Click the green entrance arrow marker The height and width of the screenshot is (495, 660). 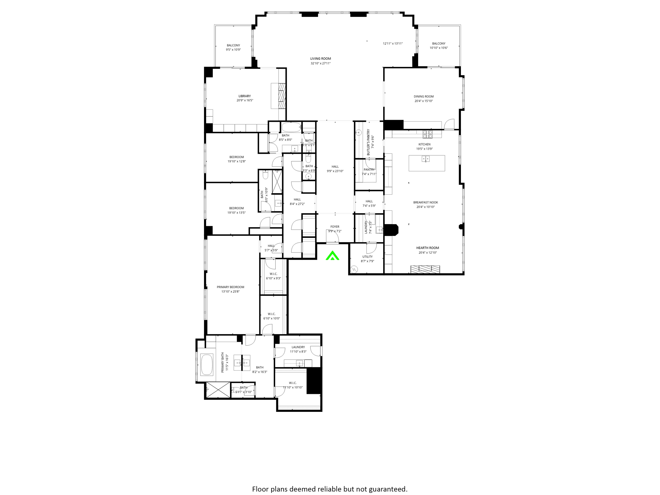tap(332, 256)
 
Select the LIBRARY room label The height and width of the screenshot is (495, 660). tap(244, 96)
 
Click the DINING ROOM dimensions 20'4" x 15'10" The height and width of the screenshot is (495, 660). tap(423, 101)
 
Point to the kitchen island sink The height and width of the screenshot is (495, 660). tap(425, 159)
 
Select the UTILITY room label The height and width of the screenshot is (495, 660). tap(367, 257)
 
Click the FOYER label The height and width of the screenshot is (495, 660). tap(335, 227)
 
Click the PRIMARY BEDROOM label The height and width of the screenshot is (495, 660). tap(230, 287)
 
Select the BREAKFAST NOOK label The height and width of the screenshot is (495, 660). tap(425, 202)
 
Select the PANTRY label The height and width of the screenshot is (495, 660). tap(369, 170)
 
